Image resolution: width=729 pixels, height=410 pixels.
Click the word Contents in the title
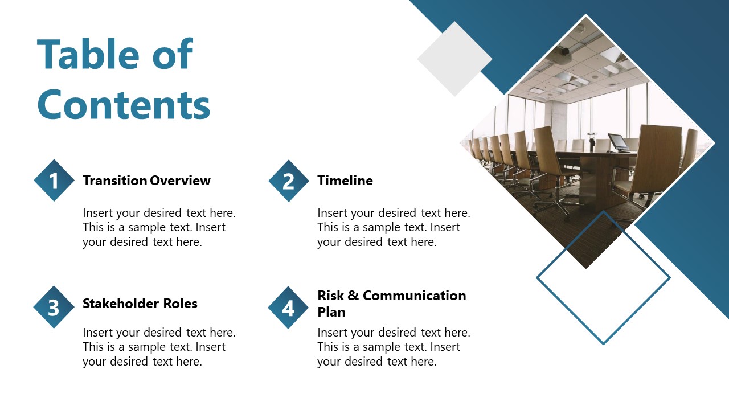[124, 104]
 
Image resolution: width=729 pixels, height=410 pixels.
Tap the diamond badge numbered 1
[54, 181]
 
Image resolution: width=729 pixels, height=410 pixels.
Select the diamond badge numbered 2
[289, 181]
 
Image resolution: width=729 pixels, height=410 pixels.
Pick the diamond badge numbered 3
[54, 307]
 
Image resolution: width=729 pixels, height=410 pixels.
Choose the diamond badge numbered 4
[289, 307]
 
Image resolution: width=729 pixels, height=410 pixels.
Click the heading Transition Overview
[146, 181]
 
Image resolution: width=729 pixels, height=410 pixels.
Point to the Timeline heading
[345, 181]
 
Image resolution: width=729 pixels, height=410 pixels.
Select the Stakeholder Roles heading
[140, 304]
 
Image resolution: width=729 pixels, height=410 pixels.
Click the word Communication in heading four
[414, 296]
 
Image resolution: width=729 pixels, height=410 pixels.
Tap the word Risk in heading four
[330, 296]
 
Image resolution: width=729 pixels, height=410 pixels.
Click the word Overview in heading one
[181, 181]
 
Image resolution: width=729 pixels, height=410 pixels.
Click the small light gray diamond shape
[454, 59]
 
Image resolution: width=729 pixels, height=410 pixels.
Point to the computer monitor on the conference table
[618, 142]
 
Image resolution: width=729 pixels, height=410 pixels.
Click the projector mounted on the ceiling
[561, 52]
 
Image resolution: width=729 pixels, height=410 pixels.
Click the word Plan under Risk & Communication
[331, 312]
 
